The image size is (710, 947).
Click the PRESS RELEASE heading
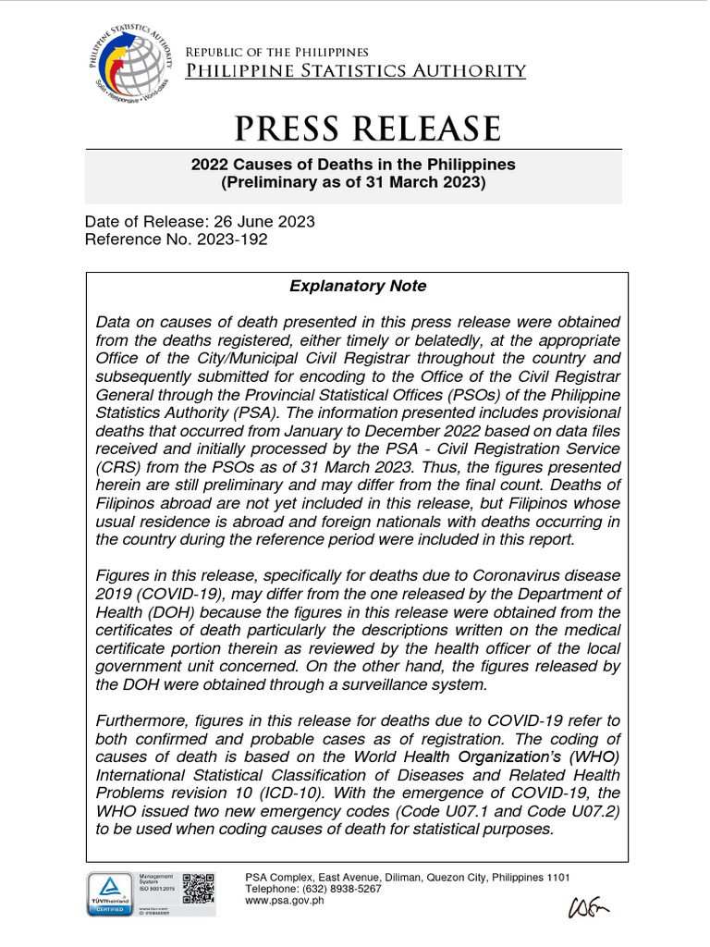354,128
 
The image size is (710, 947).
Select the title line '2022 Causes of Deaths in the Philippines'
353,165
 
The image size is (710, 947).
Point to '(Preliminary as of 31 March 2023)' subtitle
353,182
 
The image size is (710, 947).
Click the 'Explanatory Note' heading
358,286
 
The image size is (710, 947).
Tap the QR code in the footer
199,886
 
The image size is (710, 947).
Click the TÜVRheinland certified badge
110,893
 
